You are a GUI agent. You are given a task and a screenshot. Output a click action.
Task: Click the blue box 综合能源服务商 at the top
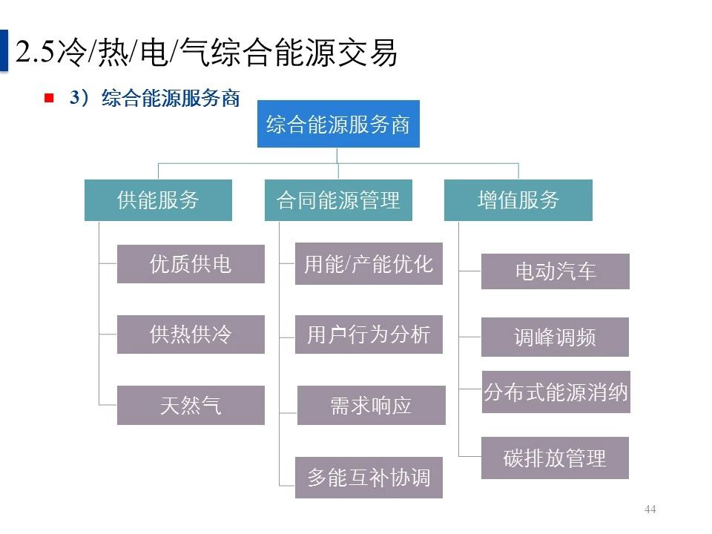337,124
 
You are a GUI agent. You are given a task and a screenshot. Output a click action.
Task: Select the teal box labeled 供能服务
158,200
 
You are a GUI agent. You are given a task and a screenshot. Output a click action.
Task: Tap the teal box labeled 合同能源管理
338,200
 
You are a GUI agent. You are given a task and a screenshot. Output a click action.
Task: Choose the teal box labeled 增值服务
518,200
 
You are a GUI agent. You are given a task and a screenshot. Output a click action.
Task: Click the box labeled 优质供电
191,264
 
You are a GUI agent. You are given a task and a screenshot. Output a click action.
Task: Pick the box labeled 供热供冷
191,334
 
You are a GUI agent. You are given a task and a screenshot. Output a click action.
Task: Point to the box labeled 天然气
191,406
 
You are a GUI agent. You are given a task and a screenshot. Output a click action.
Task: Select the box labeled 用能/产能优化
369,264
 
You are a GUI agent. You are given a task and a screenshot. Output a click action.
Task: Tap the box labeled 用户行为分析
369,334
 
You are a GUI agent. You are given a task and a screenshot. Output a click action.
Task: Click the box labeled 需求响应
371,406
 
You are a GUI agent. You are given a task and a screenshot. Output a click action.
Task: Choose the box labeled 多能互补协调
369,477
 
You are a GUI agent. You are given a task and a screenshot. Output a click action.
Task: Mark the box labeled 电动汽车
555,271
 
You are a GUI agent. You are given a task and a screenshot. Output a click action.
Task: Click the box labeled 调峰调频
555,337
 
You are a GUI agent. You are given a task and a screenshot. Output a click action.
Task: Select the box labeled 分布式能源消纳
556,392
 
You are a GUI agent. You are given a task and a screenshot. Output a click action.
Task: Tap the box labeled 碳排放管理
555,458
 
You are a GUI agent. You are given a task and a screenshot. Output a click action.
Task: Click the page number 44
650,510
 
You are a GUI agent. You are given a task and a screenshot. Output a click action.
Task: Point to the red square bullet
49,98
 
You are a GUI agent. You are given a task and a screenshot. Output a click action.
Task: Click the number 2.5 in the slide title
35,53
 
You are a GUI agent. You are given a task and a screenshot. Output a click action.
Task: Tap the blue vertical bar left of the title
4,50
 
